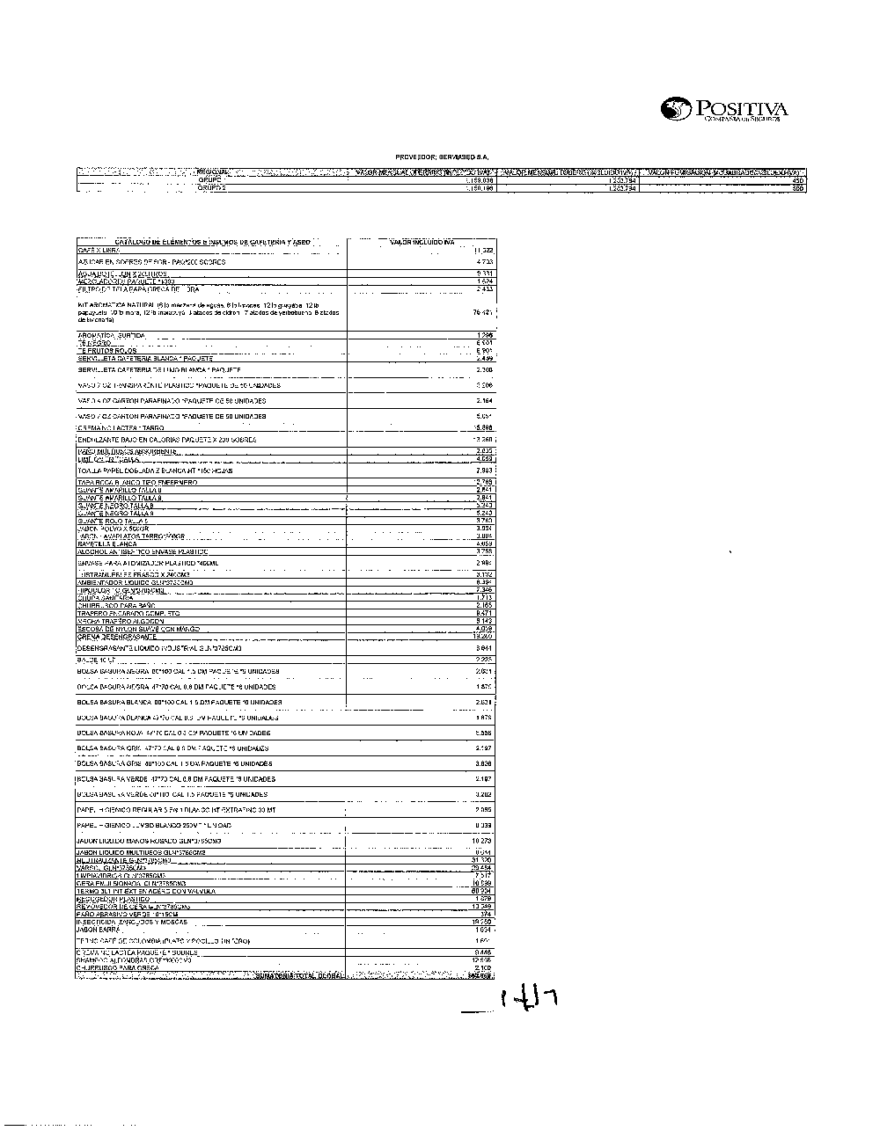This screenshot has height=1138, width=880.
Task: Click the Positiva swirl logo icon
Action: [678, 109]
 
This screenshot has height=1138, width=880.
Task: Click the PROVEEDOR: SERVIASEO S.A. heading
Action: [443, 157]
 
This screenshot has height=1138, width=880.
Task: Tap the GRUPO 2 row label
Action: [212, 188]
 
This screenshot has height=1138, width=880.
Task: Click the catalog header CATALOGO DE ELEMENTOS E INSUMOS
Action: [212, 241]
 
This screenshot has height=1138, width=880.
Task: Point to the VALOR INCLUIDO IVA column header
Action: [422, 241]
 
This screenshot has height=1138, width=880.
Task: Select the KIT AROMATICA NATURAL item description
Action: [207, 312]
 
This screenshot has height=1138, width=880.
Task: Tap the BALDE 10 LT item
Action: [97, 659]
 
